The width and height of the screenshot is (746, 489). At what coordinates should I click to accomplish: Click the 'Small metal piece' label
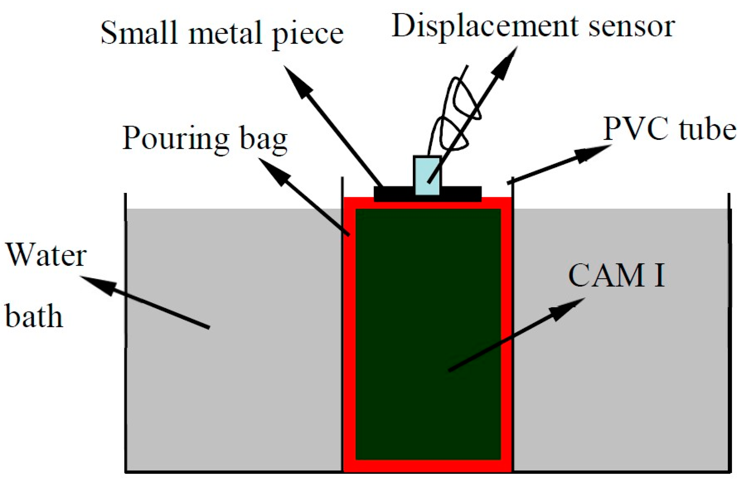222,34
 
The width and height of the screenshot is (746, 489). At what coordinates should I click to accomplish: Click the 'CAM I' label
616,276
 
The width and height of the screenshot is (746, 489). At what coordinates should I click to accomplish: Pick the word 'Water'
46,255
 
